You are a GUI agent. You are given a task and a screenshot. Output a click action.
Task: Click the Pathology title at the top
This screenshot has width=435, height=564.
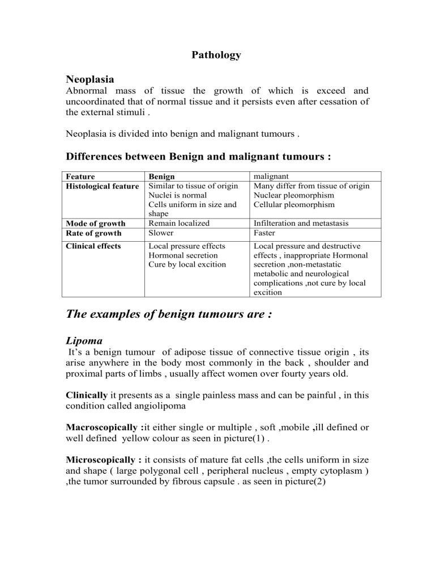pos(216,55)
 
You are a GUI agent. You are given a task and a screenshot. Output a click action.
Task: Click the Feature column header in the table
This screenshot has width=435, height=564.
pos(80,176)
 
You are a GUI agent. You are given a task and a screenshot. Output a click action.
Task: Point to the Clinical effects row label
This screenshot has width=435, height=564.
pos(93,246)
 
